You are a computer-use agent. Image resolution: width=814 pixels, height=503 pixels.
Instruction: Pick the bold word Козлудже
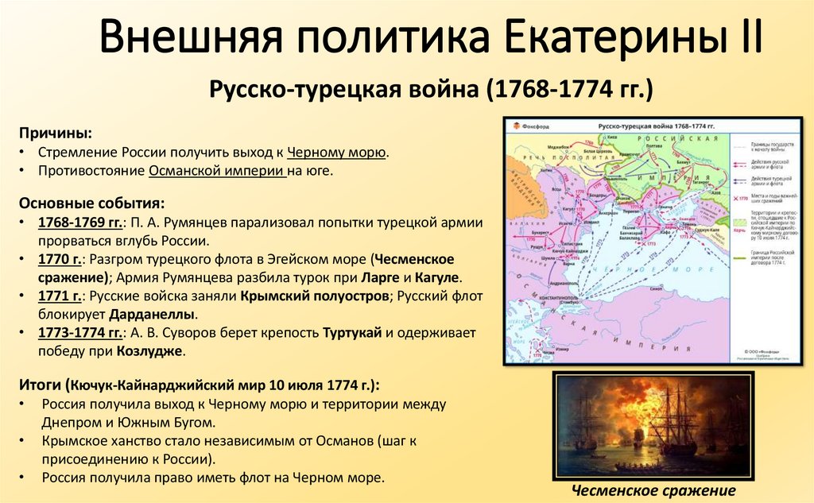pos(149,350)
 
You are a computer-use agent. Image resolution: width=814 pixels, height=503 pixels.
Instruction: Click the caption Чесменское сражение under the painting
pos(653,490)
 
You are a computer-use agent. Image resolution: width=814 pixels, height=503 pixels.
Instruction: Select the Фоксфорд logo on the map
pos(529,126)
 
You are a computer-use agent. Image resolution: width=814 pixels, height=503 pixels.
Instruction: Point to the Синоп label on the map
pos(650,288)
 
